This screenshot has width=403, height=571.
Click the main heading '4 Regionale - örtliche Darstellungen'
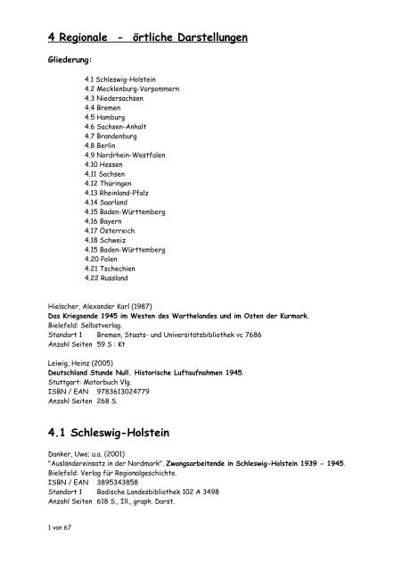pyautogui.click(x=148, y=38)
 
